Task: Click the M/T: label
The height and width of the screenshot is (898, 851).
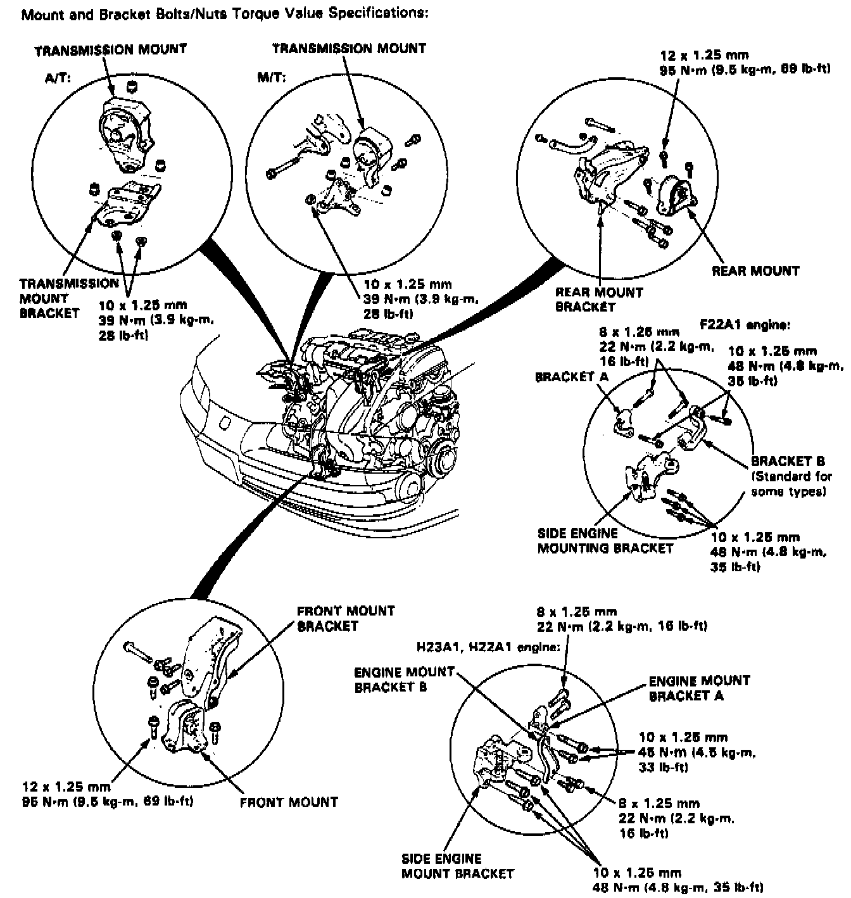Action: [x=271, y=77]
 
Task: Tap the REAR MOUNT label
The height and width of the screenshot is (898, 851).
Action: [x=755, y=271]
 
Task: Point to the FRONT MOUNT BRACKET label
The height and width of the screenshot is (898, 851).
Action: [x=345, y=619]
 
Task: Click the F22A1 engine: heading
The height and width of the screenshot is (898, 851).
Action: [x=744, y=325]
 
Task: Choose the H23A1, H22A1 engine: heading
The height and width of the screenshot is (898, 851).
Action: [x=488, y=648]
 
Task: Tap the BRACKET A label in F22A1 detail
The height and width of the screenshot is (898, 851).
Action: [x=571, y=377]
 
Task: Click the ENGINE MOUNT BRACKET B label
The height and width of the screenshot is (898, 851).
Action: [x=404, y=679]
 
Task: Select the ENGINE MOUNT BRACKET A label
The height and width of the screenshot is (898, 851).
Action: [x=698, y=688]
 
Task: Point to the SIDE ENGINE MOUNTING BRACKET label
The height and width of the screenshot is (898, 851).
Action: [x=605, y=541]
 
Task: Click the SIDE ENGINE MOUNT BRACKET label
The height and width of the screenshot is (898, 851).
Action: [x=457, y=866]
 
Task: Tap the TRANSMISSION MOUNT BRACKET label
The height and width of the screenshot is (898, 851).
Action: [x=68, y=298]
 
